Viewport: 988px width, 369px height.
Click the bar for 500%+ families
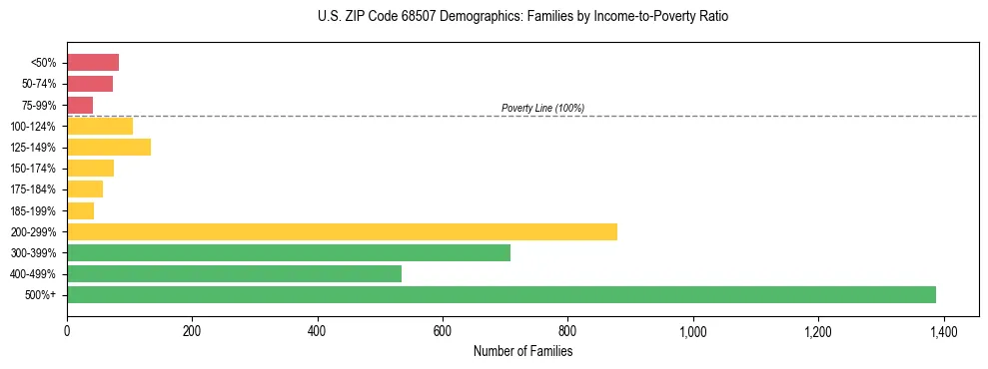click(x=500, y=294)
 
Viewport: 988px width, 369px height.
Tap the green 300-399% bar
click(x=288, y=252)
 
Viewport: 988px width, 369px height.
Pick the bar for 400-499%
click(x=234, y=273)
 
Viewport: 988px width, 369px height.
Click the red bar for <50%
click(x=93, y=63)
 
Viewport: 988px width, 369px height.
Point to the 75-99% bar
click(x=80, y=105)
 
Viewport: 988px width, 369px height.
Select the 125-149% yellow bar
click(x=109, y=148)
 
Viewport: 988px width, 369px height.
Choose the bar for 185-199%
click(x=80, y=210)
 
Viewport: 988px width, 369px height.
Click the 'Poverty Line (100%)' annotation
click(x=542, y=108)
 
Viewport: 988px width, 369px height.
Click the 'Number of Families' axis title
click(x=522, y=351)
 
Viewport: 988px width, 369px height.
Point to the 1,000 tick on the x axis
click(x=692, y=331)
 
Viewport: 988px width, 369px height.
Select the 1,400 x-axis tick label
click(x=943, y=331)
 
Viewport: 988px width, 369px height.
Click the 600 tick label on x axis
click(x=443, y=331)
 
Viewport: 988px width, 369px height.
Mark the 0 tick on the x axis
click(x=67, y=331)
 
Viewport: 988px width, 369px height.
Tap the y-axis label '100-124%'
click(x=33, y=127)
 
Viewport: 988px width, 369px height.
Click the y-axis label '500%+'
click(x=41, y=295)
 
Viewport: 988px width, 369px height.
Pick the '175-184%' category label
click(x=33, y=189)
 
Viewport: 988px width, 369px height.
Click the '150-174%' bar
click(x=90, y=169)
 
